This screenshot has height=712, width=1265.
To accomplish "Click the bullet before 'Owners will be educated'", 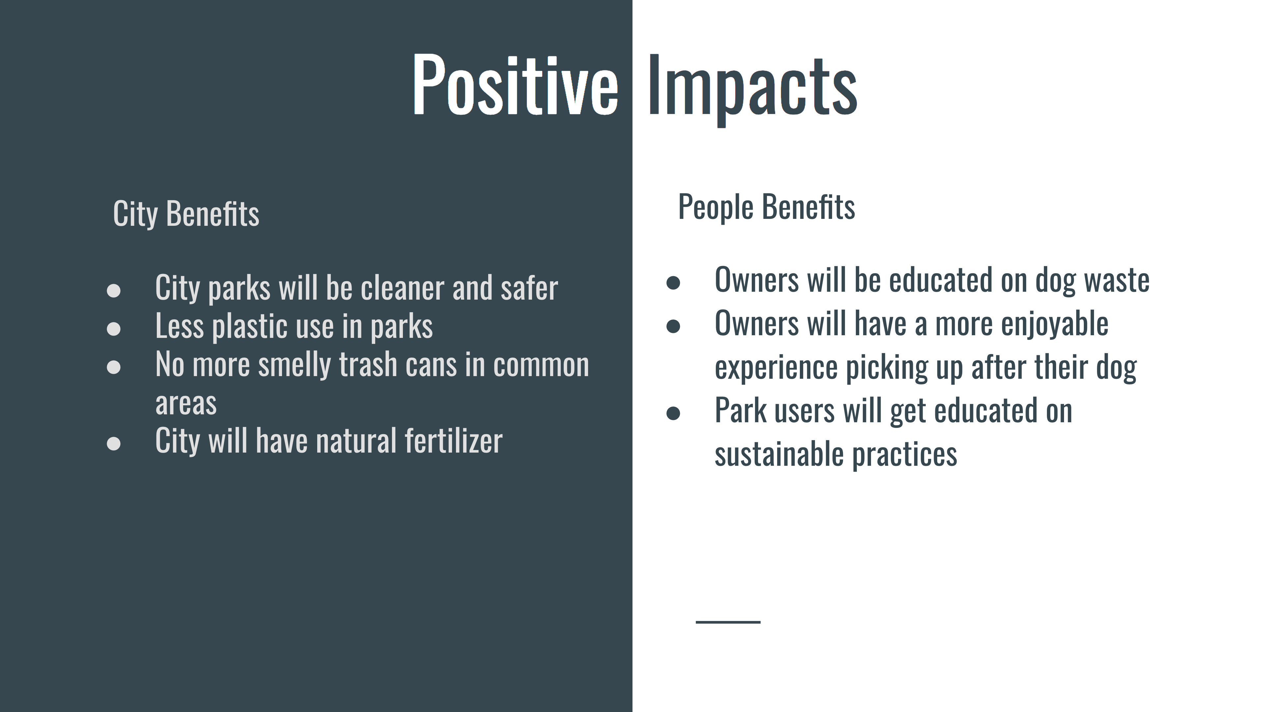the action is tap(673, 282).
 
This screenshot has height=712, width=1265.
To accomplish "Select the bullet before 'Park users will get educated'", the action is tap(673, 413).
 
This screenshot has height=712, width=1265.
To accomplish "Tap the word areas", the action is tap(185, 404).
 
